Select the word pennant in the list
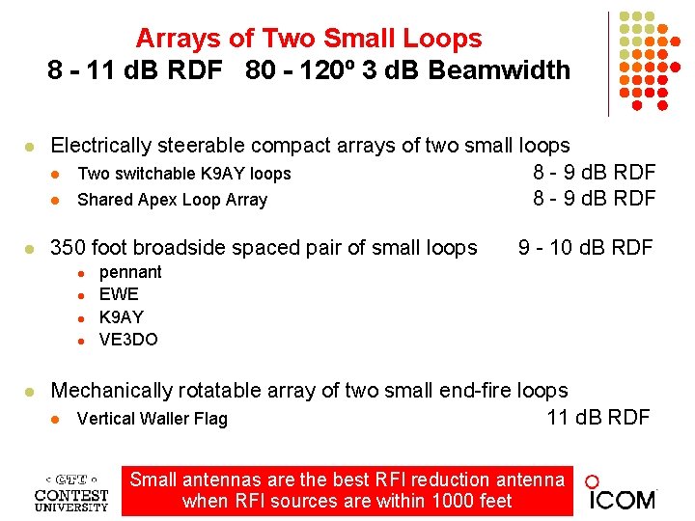tap(130, 272)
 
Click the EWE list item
tap(119, 294)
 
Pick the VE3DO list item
tap(128, 339)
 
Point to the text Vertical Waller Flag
tap(152, 418)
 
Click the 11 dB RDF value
tap(598, 417)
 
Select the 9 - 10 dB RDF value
tap(585, 247)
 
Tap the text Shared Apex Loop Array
tap(172, 200)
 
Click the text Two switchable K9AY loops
tap(183, 174)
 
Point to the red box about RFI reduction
tap(347, 490)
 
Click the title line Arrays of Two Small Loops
tap(308, 39)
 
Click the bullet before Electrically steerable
tap(30, 147)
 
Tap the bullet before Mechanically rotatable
tap(30, 392)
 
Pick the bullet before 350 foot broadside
tap(30, 249)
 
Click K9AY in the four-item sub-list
tap(122, 316)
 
